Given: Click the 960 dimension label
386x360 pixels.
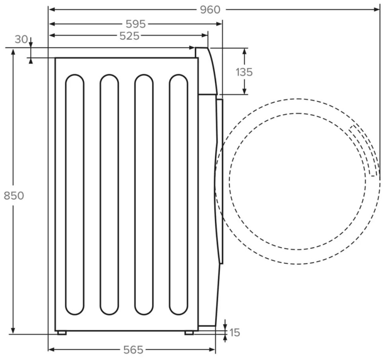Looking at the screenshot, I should click(210, 9).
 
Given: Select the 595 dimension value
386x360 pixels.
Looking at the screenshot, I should click(135, 24).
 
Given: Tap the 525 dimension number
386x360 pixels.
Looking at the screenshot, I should click(130, 36).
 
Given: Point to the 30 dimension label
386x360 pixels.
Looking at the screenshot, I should click(21, 40).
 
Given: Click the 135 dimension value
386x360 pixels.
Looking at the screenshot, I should click(244, 72).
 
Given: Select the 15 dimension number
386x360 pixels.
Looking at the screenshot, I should click(235, 333).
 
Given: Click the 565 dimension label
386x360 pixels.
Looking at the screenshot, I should click(133, 350).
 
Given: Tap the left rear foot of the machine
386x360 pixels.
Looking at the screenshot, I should click(62, 333).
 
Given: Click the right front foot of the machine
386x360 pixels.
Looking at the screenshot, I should click(189, 333).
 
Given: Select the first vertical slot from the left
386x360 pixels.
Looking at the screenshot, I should click(75, 194).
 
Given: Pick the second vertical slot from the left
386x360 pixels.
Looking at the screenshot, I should click(109, 194).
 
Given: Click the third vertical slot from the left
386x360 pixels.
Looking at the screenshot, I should click(144, 194).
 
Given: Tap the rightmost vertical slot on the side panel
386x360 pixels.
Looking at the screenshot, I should click(178, 194).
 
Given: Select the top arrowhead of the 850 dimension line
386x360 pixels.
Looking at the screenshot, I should click(13, 52).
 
